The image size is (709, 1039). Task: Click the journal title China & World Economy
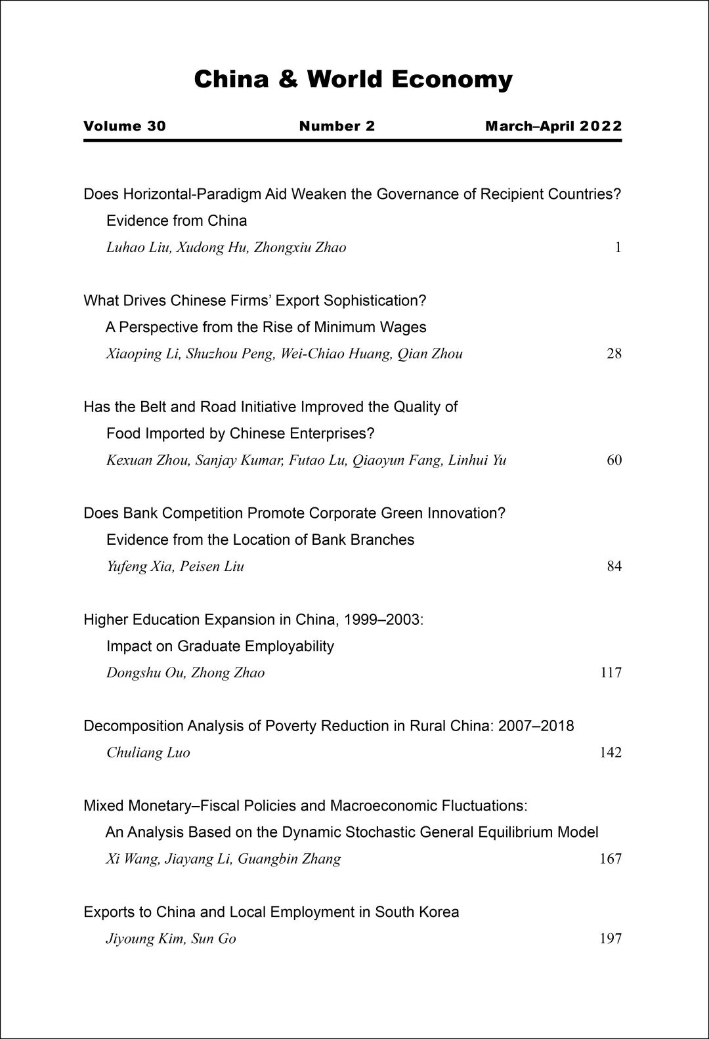pyautogui.click(x=353, y=79)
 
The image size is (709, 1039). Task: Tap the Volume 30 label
pyautogui.click(x=125, y=126)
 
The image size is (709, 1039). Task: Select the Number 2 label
pyautogui.click(x=337, y=126)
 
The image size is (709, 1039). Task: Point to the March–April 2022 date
pyautogui.click(x=553, y=126)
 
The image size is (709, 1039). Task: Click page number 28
pyautogui.click(x=614, y=354)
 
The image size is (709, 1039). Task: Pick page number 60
pyautogui.click(x=614, y=460)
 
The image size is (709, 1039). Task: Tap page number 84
pyautogui.click(x=614, y=566)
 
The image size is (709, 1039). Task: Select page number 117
pyautogui.click(x=611, y=673)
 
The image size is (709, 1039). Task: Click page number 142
pyautogui.click(x=611, y=753)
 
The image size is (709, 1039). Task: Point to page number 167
pyautogui.click(x=611, y=859)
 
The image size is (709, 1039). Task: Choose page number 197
pyautogui.click(x=611, y=939)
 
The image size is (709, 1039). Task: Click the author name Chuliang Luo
pyautogui.click(x=148, y=753)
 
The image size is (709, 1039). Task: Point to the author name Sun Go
pyautogui.click(x=213, y=939)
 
